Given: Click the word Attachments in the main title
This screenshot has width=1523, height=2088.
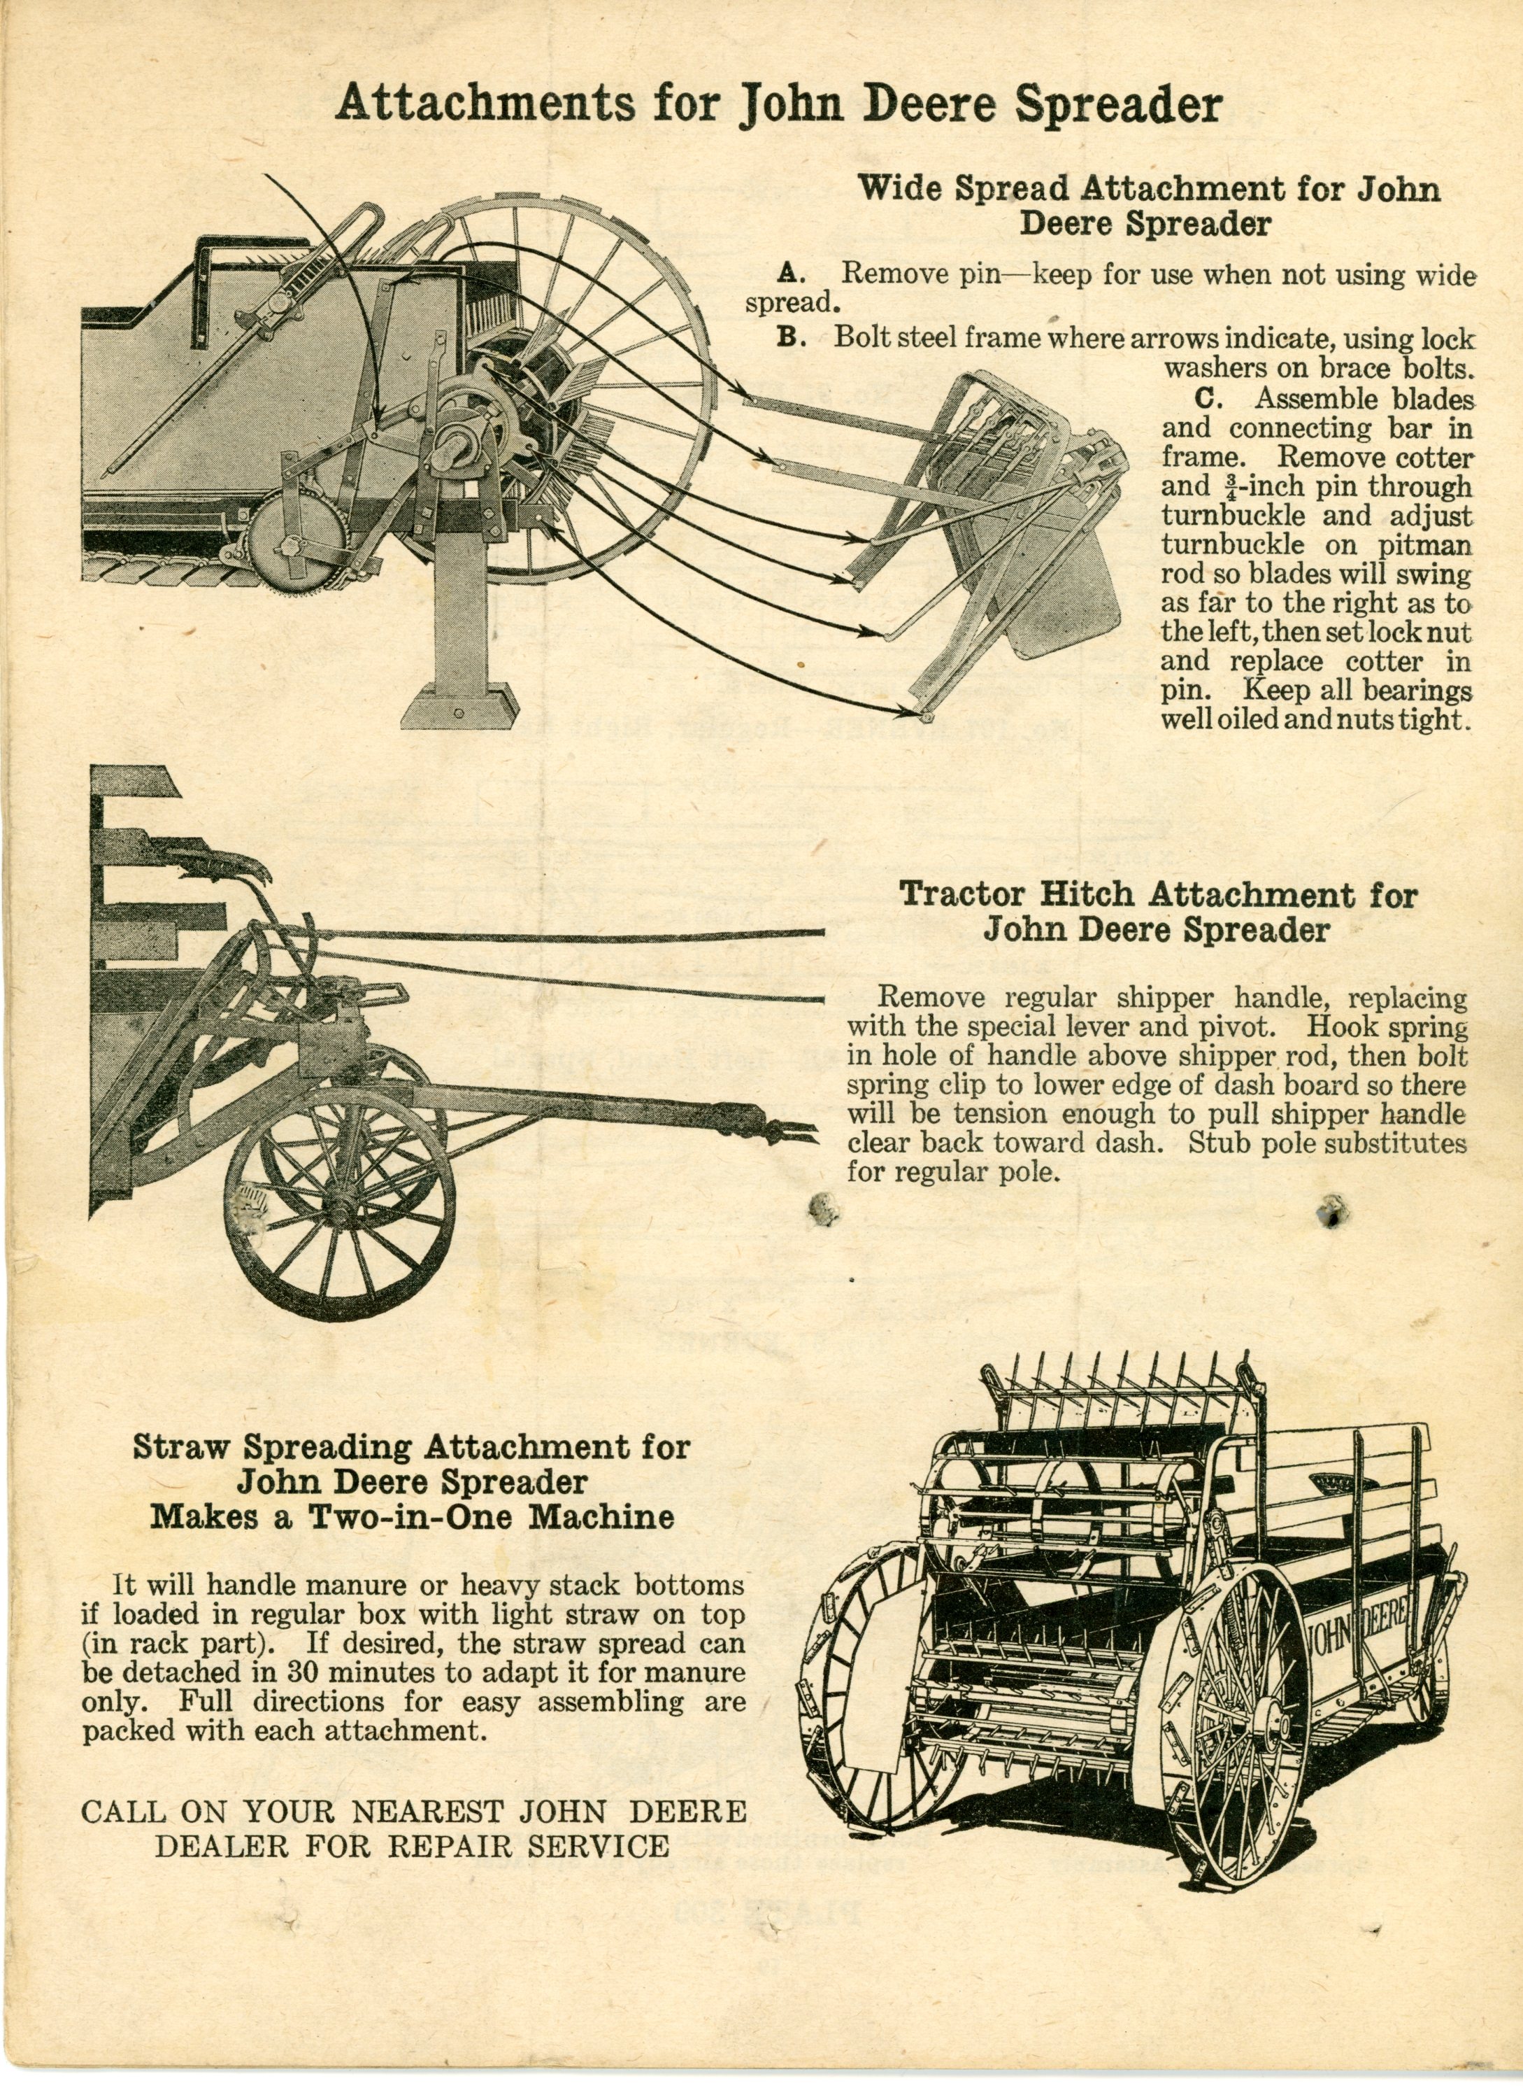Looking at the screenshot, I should (485, 104).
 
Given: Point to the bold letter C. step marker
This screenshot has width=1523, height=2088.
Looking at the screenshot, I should (1208, 400).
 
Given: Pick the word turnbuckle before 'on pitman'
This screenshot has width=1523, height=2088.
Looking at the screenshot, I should (1231, 544).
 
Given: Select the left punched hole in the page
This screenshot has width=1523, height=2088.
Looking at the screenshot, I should (822, 1207).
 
